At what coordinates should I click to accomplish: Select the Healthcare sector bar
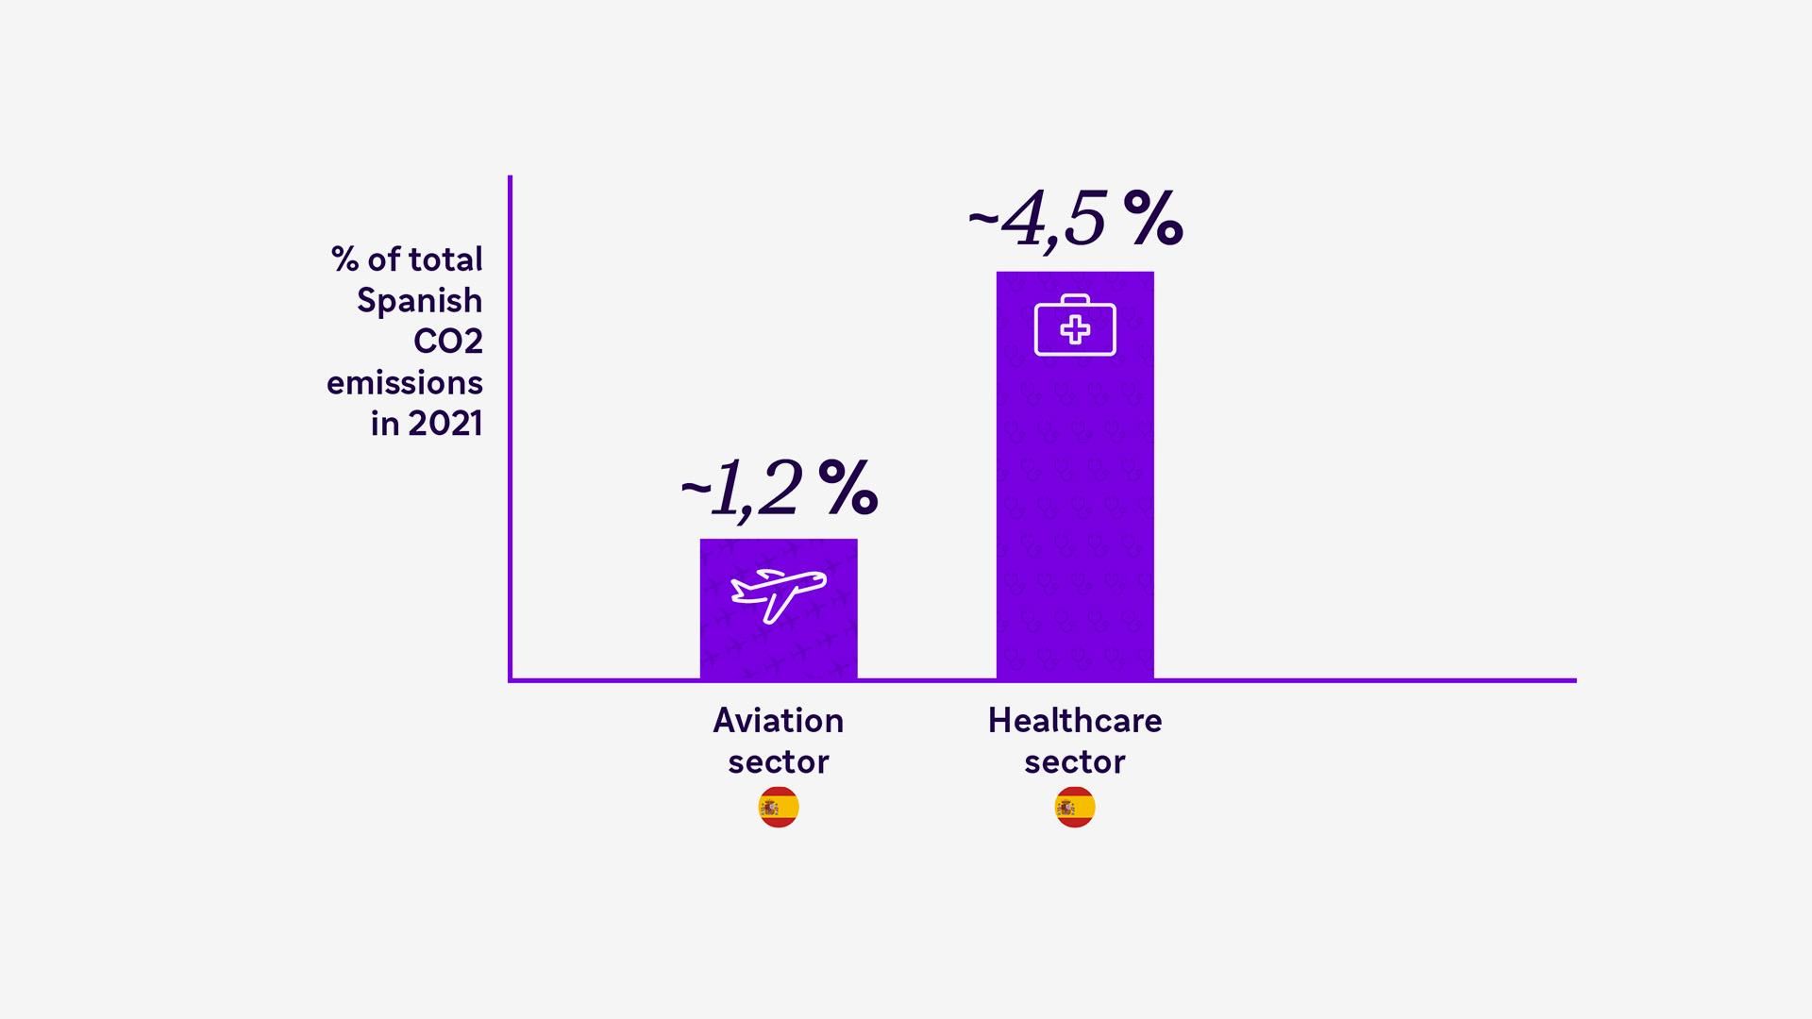click(x=1075, y=491)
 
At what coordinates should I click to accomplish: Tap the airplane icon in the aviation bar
click(x=779, y=594)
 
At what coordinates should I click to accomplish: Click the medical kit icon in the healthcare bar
click(x=1075, y=326)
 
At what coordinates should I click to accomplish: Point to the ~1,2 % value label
click(x=779, y=489)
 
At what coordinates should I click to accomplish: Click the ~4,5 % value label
click(x=1075, y=220)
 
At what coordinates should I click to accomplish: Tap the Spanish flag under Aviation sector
click(x=779, y=808)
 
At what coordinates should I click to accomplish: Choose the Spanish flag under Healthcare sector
click(x=1075, y=808)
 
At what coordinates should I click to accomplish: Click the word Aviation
click(x=779, y=721)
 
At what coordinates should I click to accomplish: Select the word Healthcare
click(x=1075, y=721)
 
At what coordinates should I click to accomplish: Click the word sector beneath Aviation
click(x=779, y=762)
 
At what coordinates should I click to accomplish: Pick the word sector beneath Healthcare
click(x=1075, y=762)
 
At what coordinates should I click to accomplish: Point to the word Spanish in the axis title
click(x=420, y=302)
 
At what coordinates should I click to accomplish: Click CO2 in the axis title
click(x=448, y=342)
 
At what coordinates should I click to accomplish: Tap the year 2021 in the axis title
click(x=445, y=424)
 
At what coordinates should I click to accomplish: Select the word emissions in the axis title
click(x=405, y=383)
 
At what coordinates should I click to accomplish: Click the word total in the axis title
click(x=445, y=259)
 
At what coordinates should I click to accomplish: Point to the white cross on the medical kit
click(x=1075, y=330)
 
